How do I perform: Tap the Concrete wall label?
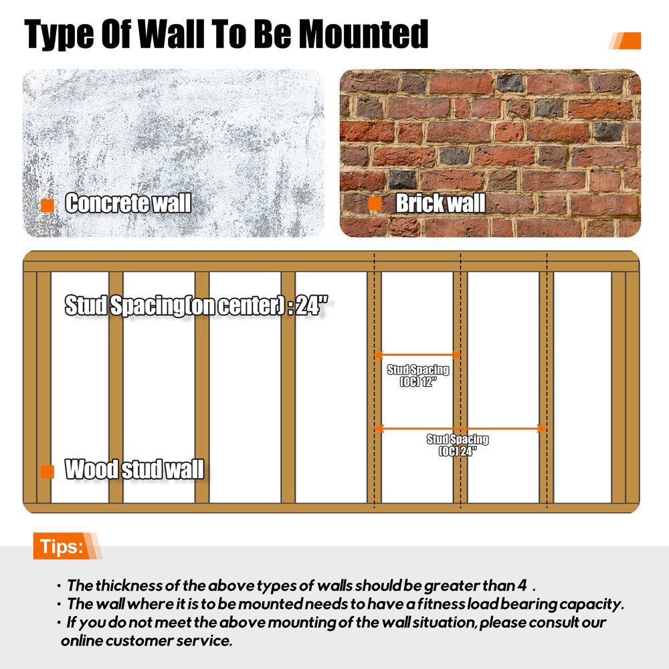point(128,203)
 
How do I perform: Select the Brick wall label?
point(440,203)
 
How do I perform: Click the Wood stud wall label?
point(134,470)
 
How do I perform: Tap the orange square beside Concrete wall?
point(47,205)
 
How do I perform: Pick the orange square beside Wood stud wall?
point(47,472)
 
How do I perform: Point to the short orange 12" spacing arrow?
point(417,355)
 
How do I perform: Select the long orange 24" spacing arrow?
point(460,428)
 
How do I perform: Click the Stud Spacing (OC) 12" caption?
point(418,375)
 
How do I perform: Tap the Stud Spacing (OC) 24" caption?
point(458,445)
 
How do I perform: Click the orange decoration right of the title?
point(626,41)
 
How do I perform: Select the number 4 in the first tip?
point(521,585)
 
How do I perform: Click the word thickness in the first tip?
point(118,585)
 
